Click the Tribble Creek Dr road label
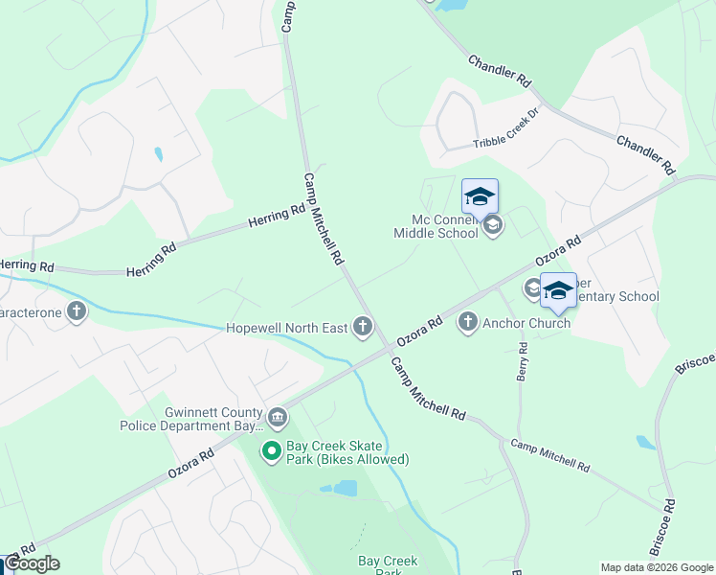[506, 142]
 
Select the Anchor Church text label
[526, 323]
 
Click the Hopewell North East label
[286, 329]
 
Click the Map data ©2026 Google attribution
[656, 567]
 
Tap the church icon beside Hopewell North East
[362, 328]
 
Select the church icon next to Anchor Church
[468, 322]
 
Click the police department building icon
[278, 417]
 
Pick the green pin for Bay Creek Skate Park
[272, 449]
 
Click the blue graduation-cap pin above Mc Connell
[480, 197]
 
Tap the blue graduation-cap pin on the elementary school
[557, 290]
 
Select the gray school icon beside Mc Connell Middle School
[493, 226]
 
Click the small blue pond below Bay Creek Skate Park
[341, 489]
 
